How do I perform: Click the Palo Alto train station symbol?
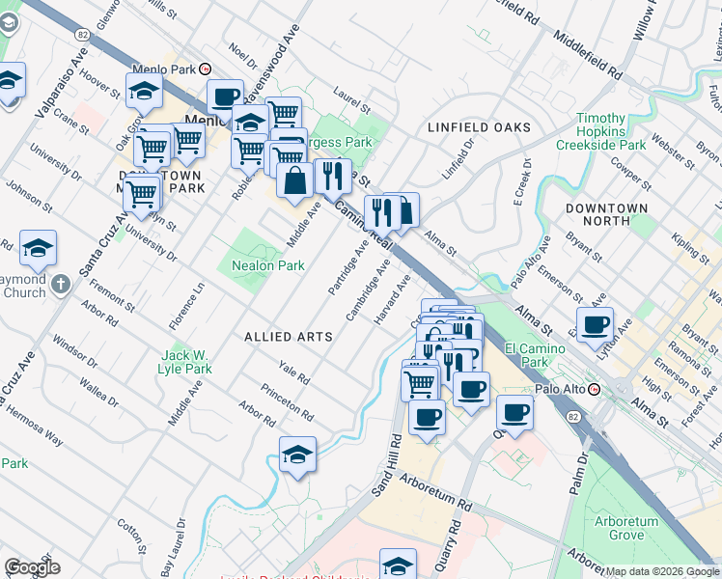(595, 389)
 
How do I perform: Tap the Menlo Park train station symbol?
(205, 69)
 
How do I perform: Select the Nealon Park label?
(267, 265)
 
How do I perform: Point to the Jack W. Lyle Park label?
(185, 362)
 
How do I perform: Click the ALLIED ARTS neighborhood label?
(289, 337)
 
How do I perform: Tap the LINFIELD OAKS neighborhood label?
(480, 127)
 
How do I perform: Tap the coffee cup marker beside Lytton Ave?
(595, 325)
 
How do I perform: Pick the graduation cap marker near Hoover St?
(144, 92)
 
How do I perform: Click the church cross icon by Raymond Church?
(60, 284)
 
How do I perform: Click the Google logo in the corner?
(33, 567)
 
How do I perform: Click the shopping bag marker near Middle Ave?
(294, 179)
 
